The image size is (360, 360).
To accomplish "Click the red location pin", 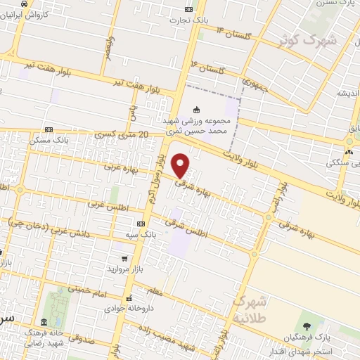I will pos(181,165).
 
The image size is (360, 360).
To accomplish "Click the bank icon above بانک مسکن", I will pos(49,129).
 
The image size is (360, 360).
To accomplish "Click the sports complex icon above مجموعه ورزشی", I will pos(196,110).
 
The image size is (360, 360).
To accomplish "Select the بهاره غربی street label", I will pos(119,167).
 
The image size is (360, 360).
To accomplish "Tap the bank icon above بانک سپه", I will pos(141,222).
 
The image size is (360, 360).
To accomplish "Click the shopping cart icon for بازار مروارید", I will pos(124,259).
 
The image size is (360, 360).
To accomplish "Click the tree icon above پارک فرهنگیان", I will pos(307,324).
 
